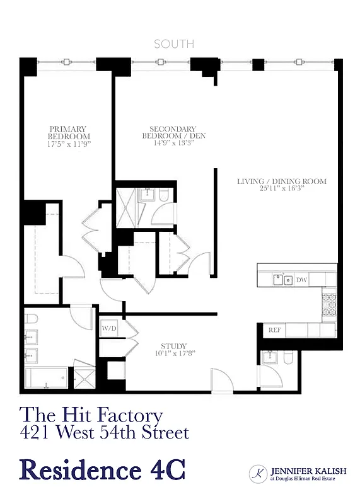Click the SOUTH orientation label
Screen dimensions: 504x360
click(175, 44)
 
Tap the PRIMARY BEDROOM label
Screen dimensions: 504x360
click(69, 132)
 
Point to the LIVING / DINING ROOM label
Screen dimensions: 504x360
click(281, 181)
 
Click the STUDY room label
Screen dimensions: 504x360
click(173, 346)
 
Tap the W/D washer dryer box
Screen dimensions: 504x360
click(108, 329)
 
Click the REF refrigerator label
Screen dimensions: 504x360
click(274, 330)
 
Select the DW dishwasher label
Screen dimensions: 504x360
click(301, 279)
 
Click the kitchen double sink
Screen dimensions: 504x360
click(282, 279)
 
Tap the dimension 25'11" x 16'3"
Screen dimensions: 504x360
click(281, 188)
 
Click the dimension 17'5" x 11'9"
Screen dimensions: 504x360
click(69, 144)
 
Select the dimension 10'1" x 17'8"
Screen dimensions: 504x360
click(173, 353)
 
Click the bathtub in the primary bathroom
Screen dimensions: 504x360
click(48, 379)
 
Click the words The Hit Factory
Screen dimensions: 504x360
click(91, 416)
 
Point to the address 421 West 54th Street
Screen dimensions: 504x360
click(104, 433)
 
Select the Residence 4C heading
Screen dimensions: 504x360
click(103, 471)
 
